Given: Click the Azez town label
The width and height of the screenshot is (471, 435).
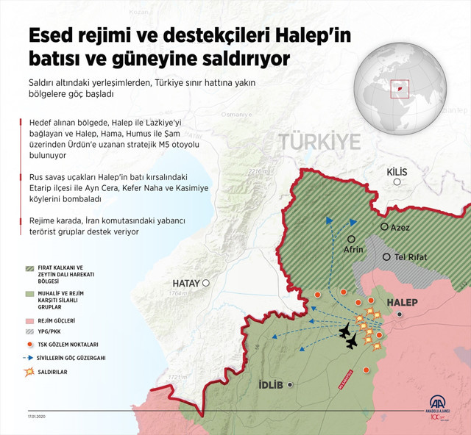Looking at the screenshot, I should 401,227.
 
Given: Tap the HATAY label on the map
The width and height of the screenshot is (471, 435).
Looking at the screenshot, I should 187,283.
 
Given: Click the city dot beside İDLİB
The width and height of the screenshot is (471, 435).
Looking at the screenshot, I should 291,384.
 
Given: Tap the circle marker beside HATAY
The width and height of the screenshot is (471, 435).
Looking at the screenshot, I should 207,283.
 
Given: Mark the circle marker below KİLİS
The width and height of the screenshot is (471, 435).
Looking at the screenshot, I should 397,181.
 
